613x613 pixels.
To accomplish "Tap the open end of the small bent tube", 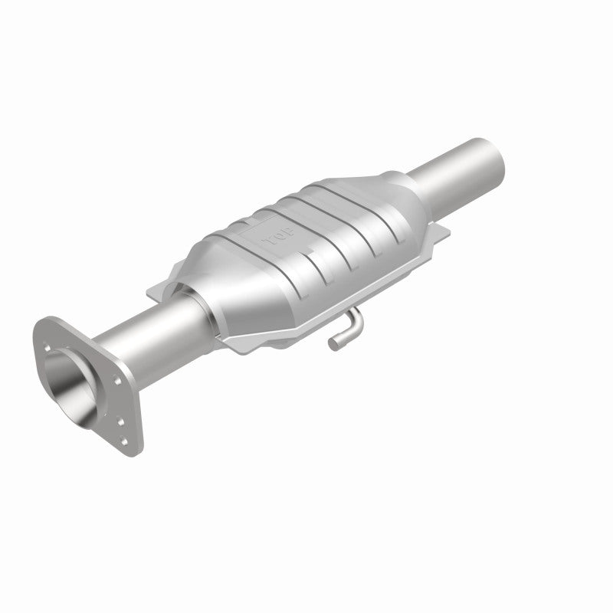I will coord(335,343).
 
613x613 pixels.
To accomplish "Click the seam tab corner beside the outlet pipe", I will coord(444,234).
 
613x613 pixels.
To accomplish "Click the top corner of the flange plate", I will coord(46,322).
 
